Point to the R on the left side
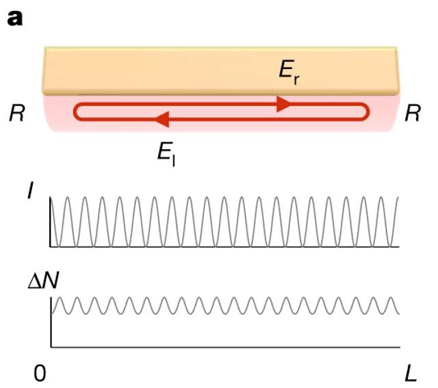pos(17,114)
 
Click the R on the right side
pos(413,114)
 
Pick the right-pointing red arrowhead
pos(283,103)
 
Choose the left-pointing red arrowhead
pos(162,120)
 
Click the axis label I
pos(29,194)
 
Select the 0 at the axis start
pos(41,373)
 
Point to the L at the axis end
pos(410,373)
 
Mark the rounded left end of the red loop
pos(76,112)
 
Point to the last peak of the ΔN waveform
pos(391,298)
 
